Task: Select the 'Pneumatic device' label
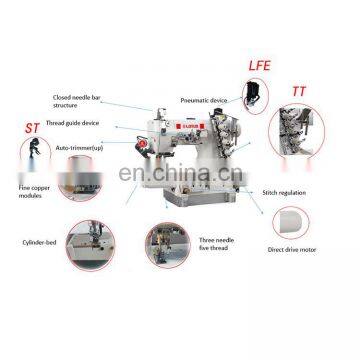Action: click(203, 101)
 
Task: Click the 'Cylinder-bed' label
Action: click(40, 242)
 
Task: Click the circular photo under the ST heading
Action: click(39, 160)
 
